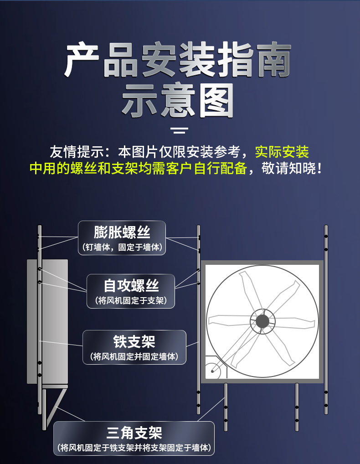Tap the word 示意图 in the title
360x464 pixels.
[178, 100]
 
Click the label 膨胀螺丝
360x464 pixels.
[122, 232]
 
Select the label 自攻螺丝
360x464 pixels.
[131, 286]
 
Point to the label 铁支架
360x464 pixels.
[134, 342]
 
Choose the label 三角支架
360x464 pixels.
[134, 433]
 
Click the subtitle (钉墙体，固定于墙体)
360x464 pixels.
[122, 247]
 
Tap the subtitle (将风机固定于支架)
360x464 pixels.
[131, 301]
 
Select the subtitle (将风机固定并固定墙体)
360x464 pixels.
[134, 356]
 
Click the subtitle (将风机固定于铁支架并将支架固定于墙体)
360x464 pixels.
[134, 448]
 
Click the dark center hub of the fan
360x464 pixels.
[262, 321]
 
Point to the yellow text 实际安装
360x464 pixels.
[282, 152]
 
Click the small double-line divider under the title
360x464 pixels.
[179, 130]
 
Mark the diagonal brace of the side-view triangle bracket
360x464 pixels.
[56, 407]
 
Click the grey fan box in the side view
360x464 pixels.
[47, 321]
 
